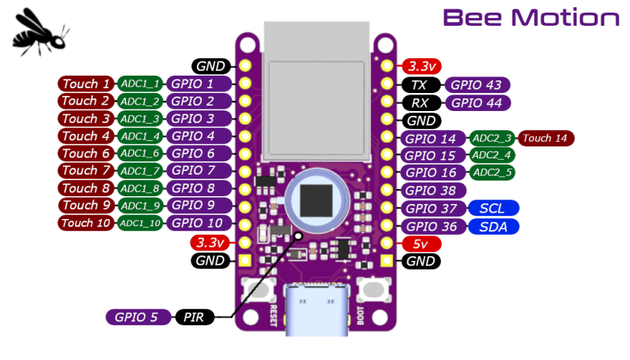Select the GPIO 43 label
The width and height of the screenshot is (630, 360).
pyautogui.click(x=478, y=85)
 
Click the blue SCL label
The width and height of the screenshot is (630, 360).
pyautogui.click(x=493, y=209)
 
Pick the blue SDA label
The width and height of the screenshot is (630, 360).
pyautogui.click(x=493, y=227)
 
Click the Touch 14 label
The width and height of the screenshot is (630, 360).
pyautogui.click(x=545, y=139)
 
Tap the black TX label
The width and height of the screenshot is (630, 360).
pyautogui.click(x=421, y=85)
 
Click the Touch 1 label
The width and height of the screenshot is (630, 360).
pyautogui.click(x=86, y=84)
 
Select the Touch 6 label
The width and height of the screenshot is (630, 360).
pyautogui.click(x=86, y=154)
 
